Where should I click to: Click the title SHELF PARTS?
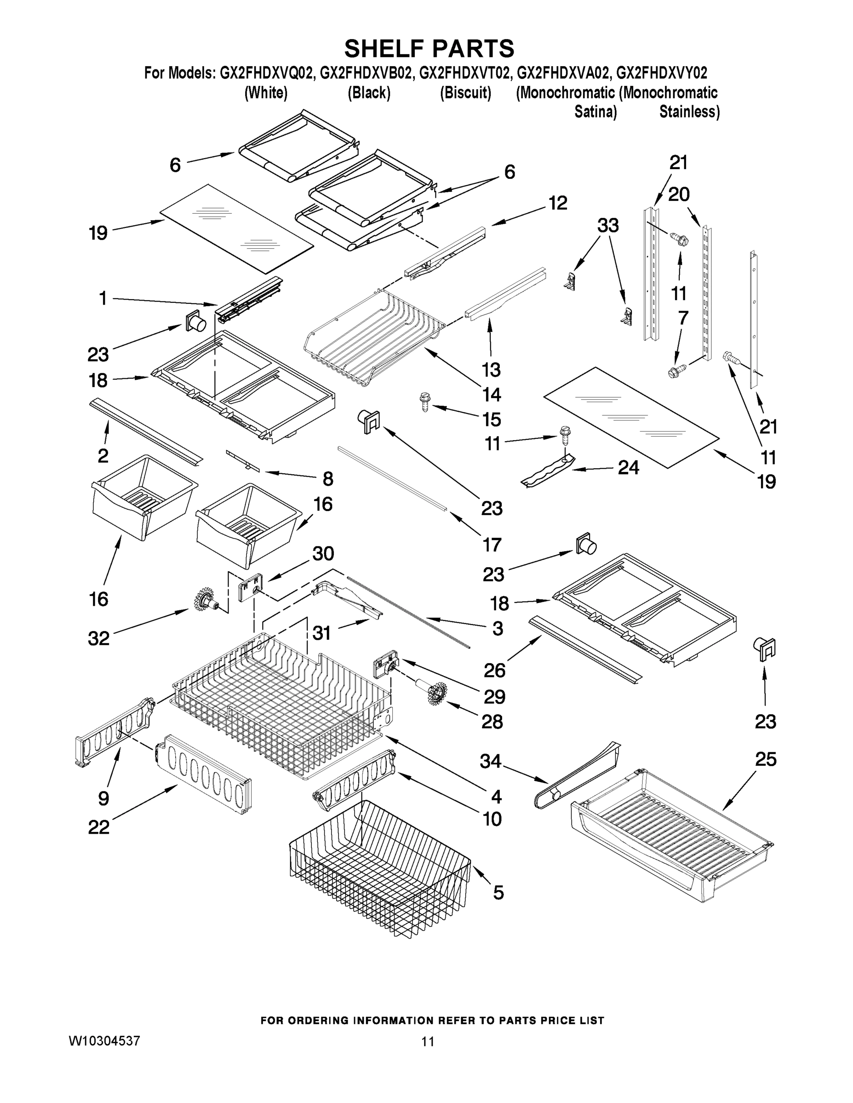pos(429,49)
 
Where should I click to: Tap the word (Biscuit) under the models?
pos(465,93)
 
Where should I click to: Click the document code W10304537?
pos(104,1041)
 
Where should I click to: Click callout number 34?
pos(491,761)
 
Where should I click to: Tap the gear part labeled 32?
pos(206,599)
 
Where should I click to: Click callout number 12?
pos(558,203)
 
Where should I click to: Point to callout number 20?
pos(679,194)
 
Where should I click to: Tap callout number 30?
pos(323,553)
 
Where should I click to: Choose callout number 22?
pos(98,827)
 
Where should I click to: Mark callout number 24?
pos(628,468)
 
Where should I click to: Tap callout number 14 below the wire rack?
pos(491,394)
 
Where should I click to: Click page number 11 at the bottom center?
pos(428,1041)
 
